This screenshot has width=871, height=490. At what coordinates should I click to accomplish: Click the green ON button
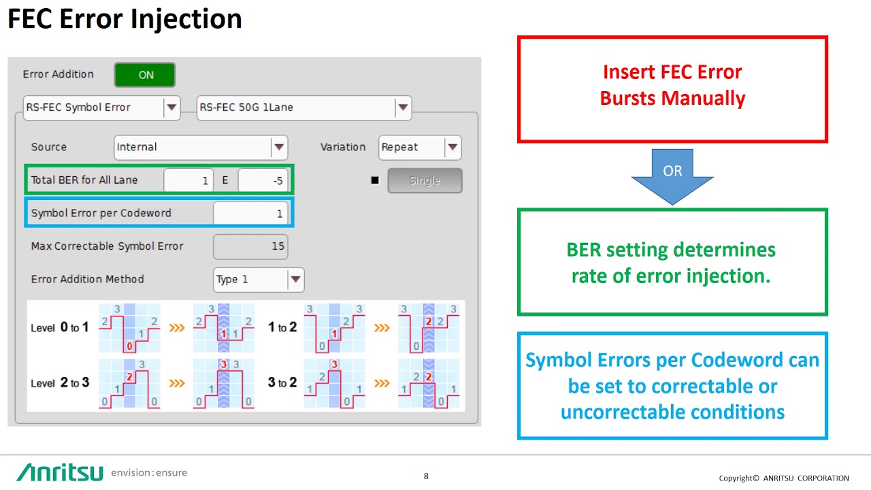[145, 75]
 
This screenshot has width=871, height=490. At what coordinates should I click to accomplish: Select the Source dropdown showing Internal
[200, 148]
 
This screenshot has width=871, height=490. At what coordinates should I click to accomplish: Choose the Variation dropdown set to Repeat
[419, 148]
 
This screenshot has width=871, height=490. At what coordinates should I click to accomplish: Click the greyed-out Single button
[425, 181]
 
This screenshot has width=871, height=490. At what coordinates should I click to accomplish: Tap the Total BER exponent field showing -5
[263, 181]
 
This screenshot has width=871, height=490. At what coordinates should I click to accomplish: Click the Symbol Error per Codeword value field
[250, 214]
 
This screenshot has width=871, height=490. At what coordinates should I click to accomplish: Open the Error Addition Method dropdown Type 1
[259, 280]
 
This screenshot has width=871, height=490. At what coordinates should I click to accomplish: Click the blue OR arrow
[672, 175]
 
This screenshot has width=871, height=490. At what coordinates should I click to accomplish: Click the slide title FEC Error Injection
[125, 18]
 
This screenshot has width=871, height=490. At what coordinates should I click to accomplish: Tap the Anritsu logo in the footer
[60, 472]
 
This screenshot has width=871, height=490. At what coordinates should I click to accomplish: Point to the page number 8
[426, 476]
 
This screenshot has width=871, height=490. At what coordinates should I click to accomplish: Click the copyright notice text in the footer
[784, 478]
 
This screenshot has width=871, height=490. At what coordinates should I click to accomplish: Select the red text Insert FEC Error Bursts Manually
[672, 85]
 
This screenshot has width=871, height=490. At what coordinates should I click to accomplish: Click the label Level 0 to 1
[60, 328]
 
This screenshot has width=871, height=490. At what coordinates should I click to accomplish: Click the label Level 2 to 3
[60, 383]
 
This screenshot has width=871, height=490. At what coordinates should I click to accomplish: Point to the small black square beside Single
[374, 181]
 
